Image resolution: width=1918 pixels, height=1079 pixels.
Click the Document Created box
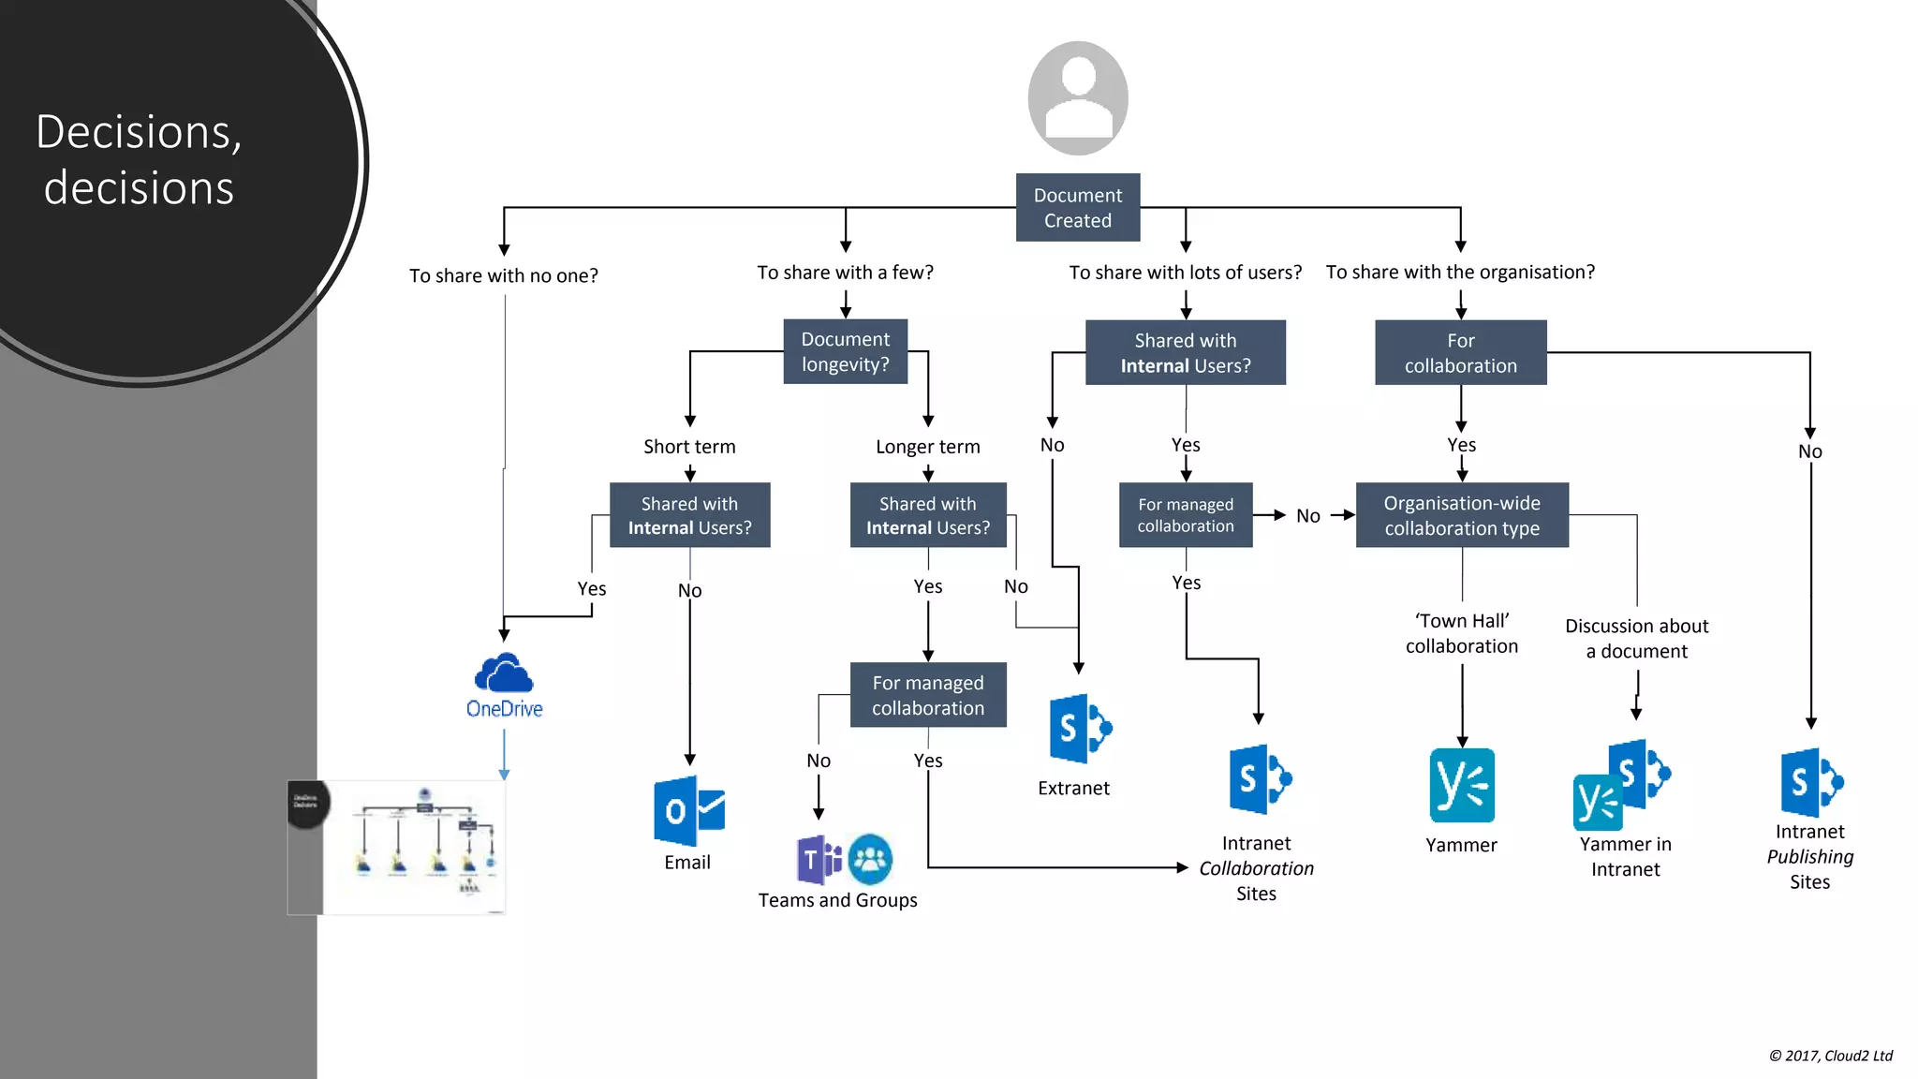click(x=1078, y=208)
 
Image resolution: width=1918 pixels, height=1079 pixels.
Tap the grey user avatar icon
click(x=1078, y=98)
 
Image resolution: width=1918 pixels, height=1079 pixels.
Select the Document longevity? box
click(x=846, y=352)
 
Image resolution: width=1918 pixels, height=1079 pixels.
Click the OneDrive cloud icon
click(x=504, y=673)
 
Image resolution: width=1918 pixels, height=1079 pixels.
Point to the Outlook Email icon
click(x=688, y=811)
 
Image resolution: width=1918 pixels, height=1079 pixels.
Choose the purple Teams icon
click(x=819, y=860)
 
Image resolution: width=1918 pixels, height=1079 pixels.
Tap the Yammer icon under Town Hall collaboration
click(x=1462, y=785)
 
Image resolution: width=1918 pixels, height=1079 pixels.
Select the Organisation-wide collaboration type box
click(x=1462, y=515)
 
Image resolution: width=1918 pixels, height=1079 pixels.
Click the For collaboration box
click(x=1460, y=353)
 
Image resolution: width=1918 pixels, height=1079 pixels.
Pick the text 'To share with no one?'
click(x=504, y=275)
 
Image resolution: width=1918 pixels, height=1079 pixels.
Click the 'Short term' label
click(x=689, y=447)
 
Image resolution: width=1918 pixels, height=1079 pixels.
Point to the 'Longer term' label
click(x=927, y=447)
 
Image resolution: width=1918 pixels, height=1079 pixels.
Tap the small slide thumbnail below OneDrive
click(x=397, y=847)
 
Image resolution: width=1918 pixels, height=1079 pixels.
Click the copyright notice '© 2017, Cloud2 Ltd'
click(x=1830, y=1056)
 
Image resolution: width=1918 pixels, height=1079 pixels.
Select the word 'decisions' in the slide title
click(x=139, y=187)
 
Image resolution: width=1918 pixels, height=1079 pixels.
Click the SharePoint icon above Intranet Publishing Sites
click(x=1811, y=782)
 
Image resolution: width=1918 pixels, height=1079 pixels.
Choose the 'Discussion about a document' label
click(x=1636, y=638)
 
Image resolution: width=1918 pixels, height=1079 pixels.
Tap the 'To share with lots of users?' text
click(x=1185, y=273)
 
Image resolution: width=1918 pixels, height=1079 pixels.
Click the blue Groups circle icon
click(x=870, y=859)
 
